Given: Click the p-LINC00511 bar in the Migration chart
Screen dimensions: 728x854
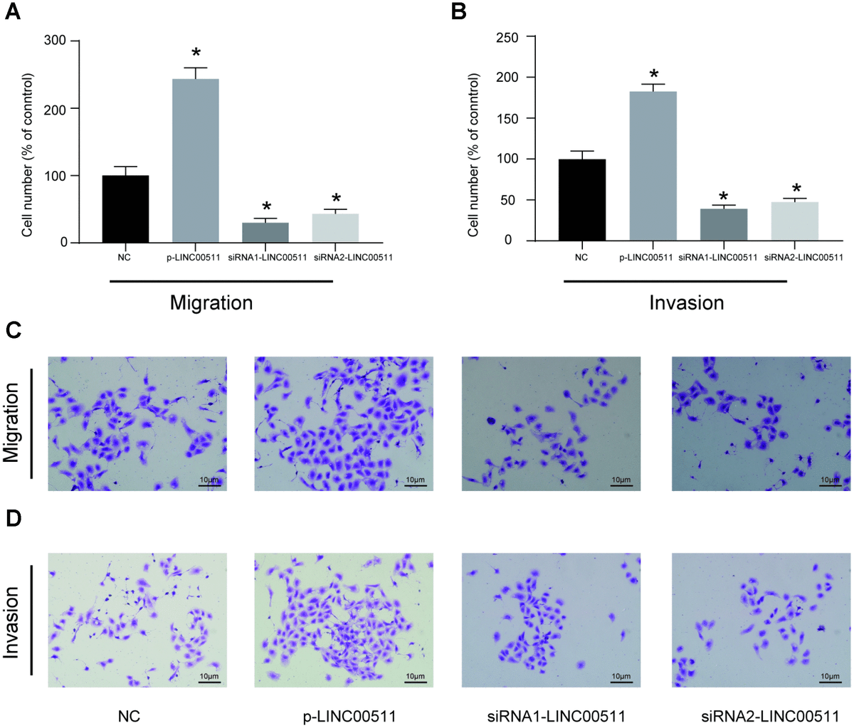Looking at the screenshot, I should [x=196, y=161].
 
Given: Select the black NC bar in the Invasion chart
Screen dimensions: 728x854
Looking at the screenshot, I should [x=581, y=200].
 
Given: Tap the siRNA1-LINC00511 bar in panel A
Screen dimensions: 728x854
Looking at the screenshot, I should [x=265, y=233].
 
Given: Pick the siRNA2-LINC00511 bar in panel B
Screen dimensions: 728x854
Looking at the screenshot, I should [x=795, y=221].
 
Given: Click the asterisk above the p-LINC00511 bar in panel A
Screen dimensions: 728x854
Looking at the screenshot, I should [x=196, y=54].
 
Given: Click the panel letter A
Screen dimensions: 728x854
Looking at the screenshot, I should [x=12, y=12].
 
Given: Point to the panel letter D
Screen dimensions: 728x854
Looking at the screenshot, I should [x=12, y=518].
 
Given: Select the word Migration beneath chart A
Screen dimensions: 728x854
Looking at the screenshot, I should [x=211, y=303].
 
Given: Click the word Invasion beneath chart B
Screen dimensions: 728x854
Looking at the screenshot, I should [x=686, y=303].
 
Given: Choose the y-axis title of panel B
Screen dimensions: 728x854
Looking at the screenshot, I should [x=473, y=154].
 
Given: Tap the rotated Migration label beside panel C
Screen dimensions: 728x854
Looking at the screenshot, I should [x=12, y=423].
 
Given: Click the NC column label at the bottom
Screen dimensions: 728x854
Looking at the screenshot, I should [x=129, y=714].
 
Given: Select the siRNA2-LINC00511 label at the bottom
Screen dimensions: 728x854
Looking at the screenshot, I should [x=760, y=714].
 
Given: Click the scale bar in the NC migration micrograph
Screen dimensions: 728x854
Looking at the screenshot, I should [x=209, y=485].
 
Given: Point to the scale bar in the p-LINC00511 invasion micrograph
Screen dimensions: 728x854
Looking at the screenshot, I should [x=415, y=681].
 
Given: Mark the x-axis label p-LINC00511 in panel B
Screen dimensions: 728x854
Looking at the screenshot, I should [x=646, y=258].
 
